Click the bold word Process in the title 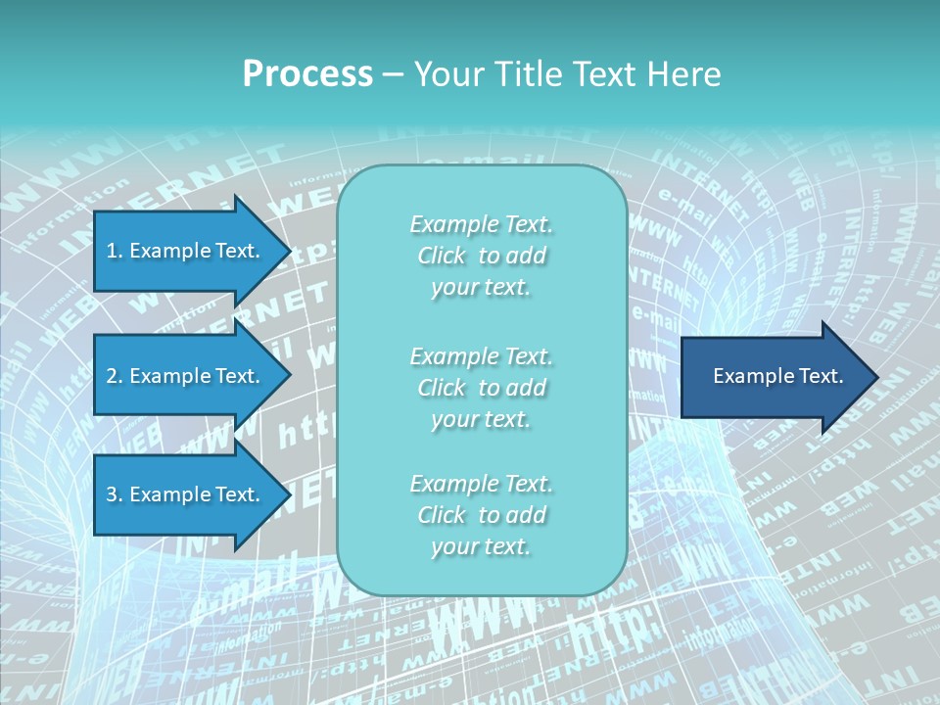pos(307,74)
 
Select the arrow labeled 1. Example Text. pos(186,251)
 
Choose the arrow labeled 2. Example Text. pos(186,376)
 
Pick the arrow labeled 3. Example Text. pos(186,494)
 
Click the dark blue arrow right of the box pos(774,377)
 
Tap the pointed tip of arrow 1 pos(288,251)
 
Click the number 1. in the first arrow pos(114,251)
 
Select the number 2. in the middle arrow pos(114,376)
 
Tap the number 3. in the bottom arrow pos(114,494)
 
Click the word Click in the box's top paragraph pos(442,257)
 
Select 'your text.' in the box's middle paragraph pos(481,420)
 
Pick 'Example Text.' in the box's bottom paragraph pos(481,484)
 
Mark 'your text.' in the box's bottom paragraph pos(481,547)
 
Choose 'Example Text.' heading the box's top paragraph pos(481,224)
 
